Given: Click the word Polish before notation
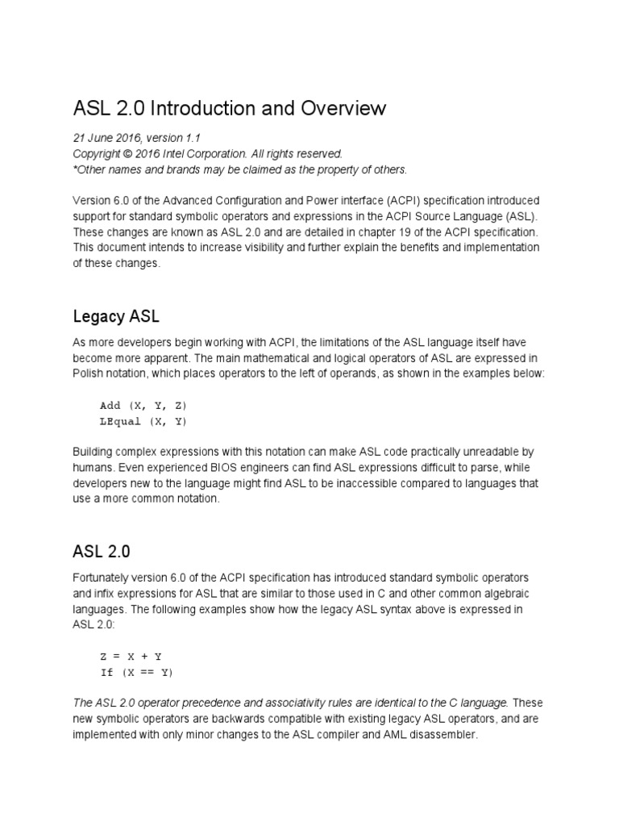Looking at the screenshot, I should [x=88, y=373].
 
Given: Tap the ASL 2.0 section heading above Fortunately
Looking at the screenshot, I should [x=102, y=552].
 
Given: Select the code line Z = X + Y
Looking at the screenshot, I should [x=131, y=657].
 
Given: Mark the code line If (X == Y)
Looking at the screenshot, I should [x=136, y=672].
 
